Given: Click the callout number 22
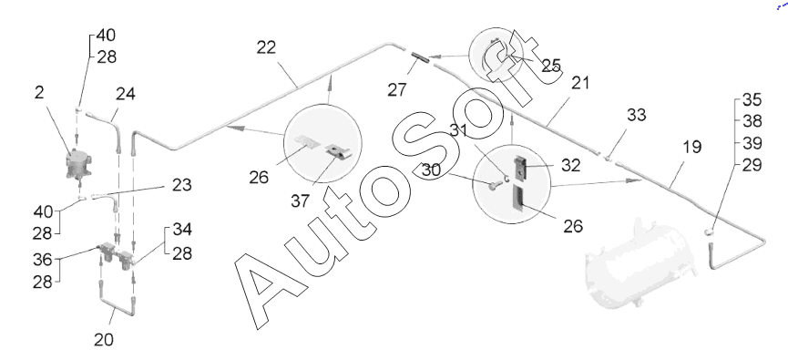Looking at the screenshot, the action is coord(266,47).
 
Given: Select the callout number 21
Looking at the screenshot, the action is coord(580,83).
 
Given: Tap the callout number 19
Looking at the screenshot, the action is coord(692,148).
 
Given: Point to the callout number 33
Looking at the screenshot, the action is coord(637,115).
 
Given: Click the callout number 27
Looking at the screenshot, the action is coord(397,90).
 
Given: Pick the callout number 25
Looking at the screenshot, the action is coord(551,66).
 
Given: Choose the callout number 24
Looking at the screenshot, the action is coord(126,94).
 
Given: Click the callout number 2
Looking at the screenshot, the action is coord(40,93).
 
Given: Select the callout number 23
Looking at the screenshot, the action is coord(182,185).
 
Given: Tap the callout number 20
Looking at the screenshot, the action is coord(104,339).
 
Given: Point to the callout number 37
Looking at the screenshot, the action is coord(301,201).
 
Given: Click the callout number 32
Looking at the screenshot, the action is coord(571,166).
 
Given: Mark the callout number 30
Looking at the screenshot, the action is coord(431,170).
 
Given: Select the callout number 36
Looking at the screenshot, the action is coord(43,260).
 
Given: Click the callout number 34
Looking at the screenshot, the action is coord(182,230).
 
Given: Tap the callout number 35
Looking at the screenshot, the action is coord(752,99).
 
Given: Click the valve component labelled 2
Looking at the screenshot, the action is coord(78,164).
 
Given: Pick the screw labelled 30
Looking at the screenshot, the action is coord(493,186).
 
